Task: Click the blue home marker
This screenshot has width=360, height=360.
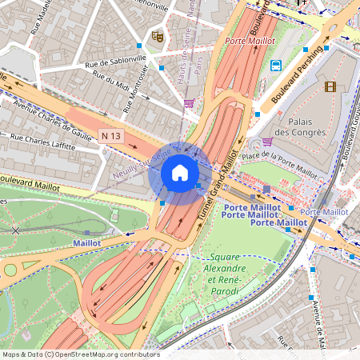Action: tap(180, 172)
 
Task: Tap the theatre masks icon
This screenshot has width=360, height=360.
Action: tap(157, 36)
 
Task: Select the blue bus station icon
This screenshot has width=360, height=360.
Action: tap(276, 66)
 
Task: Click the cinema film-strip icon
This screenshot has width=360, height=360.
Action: tap(330, 86)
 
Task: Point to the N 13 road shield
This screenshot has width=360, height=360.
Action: tap(111, 136)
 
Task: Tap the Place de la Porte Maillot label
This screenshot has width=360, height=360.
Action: tap(280, 162)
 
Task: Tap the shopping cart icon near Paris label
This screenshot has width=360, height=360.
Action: tap(189, 102)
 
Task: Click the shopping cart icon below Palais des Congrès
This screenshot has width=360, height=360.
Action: tap(267, 142)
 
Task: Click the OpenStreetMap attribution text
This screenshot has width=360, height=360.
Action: tap(80, 354)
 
